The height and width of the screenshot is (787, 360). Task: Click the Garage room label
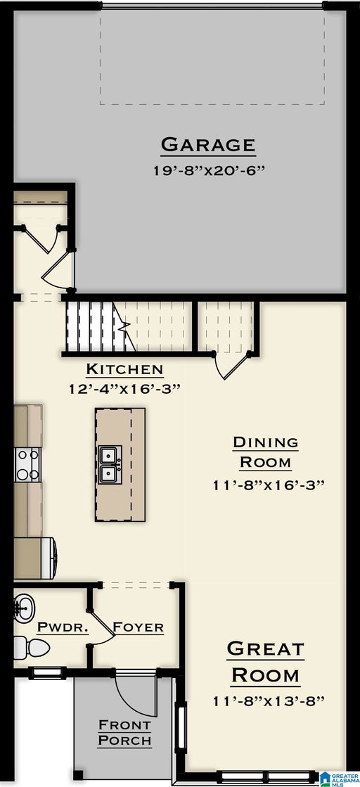(x=207, y=145)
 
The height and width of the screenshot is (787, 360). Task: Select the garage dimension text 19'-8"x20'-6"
(x=207, y=169)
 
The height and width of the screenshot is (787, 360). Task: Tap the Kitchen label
(x=124, y=369)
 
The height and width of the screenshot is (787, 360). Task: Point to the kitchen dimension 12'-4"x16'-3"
(x=124, y=388)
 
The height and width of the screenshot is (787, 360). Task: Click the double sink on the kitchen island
(x=110, y=464)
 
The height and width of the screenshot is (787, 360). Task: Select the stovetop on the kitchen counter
(x=27, y=464)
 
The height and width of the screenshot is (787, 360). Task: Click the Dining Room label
(x=265, y=452)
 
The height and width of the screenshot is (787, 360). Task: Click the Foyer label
(x=139, y=627)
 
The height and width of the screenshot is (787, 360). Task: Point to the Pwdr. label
(x=63, y=627)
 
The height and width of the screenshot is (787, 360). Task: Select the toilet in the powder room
(x=21, y=646)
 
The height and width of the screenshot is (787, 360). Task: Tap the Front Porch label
(x=124, y=732)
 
